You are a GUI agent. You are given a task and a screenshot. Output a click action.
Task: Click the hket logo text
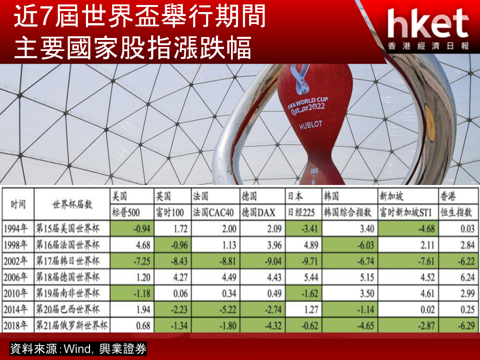click(x=427, y=23)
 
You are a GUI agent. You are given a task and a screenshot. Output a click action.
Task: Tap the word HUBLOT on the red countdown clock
click(x=310, y=124)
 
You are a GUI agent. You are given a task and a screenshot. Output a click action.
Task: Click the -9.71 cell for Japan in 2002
click(x=303, y=261)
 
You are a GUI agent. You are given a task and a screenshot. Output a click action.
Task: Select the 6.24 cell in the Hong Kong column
click(x=458, y=277)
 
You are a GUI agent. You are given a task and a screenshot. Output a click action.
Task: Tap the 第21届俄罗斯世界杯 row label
click(x=71, y=325)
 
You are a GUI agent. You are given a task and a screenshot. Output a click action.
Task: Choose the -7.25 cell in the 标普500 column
click(x=132, y=261)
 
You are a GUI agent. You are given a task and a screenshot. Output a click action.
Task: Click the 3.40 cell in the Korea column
click(x=350, y=228)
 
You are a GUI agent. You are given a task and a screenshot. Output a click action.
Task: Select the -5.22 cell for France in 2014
click(x=215, y=309)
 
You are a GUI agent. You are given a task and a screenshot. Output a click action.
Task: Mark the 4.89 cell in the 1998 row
click(x=303, y=245)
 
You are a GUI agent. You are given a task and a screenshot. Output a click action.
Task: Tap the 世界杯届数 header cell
click(x=72, y=204)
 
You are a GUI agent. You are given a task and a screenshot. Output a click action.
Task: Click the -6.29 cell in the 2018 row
click(x=458, y=325)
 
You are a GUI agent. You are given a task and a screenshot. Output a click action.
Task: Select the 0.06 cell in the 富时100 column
click(x=172, y=293)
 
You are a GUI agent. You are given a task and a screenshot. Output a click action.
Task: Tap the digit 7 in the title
click(x=45, y=17)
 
